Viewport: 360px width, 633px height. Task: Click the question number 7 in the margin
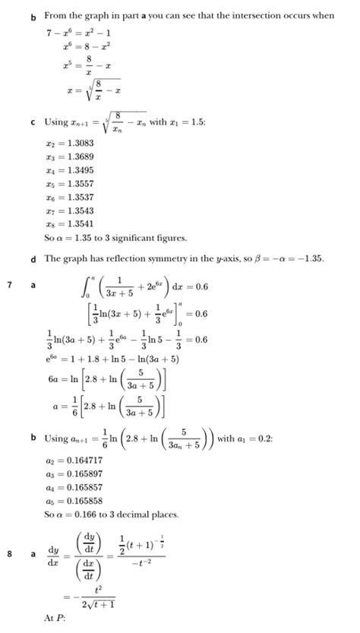pos(9,284)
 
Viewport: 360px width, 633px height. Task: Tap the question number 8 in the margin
pos(9,553)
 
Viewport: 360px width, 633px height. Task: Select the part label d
pos(34,259)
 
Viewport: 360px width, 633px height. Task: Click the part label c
pos(34,122)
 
